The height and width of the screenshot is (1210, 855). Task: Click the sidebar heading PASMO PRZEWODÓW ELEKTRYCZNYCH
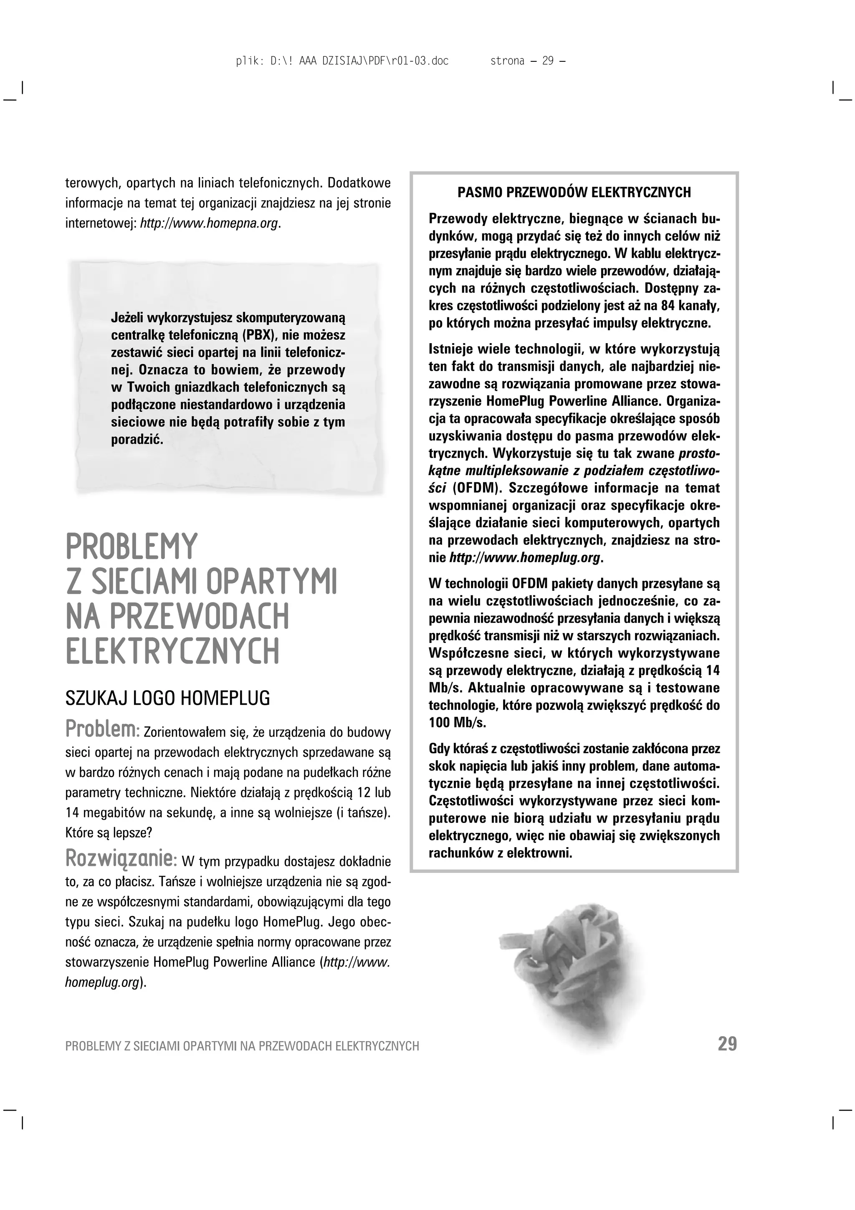pyautogui.click(x=574, y=192)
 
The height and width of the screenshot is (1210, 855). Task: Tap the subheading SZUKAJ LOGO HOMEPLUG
pyautogui.click(x=167, y=698)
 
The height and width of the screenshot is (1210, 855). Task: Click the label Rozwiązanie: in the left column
pyautogui.click(x=121, y=858)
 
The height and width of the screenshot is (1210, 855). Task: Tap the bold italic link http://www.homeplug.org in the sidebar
pyautogui.click(x=524, y=557)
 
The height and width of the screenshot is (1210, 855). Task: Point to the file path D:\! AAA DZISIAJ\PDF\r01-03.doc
pyautogui.click(x=359, y=61)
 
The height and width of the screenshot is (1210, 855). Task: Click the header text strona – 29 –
pyautogui.click(x=527, y=61)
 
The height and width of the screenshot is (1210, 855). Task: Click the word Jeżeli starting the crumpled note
pyautogui.click(x=127, y=318)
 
